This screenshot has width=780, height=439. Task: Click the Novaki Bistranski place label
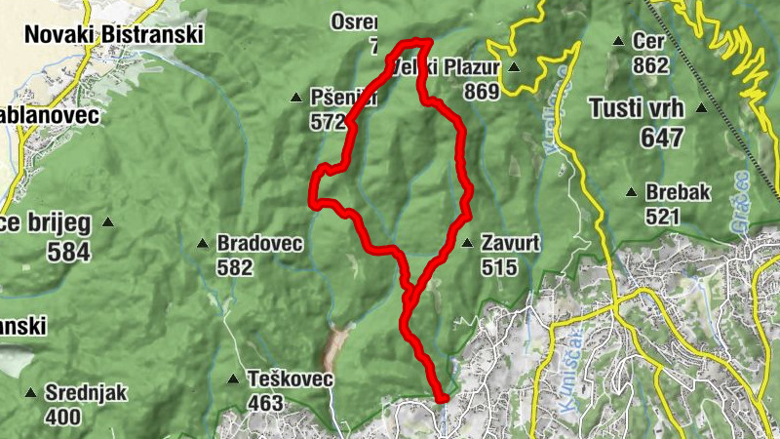click(x=113, y=34)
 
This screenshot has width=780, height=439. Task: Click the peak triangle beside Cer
click(x=618, y=41)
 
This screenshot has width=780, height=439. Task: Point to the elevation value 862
click(x=650, y=66)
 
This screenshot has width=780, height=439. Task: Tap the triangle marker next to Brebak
click(x=632, y=191)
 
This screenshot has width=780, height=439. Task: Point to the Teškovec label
click(x=291, y=379)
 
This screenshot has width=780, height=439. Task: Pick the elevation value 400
click(x=63, y=417)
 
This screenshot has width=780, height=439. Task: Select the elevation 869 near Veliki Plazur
click(x=482, y=93)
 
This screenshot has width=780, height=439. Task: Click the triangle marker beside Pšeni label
click(x=297, y=97)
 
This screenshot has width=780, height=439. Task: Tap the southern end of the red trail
click(x=442, y=397)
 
